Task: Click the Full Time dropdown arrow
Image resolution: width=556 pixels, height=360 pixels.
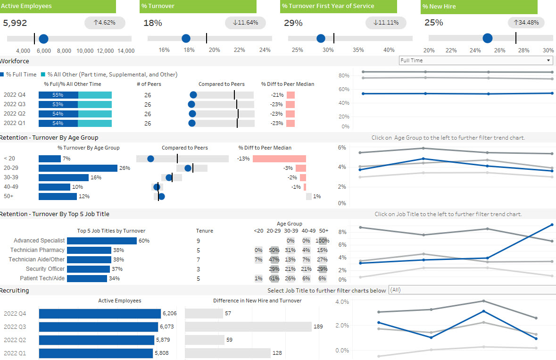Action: [548, 60]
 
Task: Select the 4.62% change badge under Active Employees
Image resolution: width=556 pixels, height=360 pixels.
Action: [105, 23]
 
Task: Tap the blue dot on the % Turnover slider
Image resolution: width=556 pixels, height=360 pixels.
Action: [186, 38]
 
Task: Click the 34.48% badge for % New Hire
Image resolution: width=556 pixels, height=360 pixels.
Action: [526, 23]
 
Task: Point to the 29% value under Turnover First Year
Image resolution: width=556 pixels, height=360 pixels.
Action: [293, 23]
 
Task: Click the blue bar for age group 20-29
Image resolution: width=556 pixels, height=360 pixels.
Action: [78, 168]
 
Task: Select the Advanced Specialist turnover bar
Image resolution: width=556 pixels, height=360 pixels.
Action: [102, 241]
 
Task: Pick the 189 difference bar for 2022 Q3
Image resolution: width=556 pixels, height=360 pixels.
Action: [248, 327]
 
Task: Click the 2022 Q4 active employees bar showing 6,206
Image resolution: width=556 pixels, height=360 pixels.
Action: [100, 314]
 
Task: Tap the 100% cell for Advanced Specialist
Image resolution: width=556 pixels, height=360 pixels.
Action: [322, 241]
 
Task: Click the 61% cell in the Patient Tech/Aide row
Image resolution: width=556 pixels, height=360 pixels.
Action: [274, 278]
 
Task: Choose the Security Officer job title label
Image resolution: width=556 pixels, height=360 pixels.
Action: [45, 269]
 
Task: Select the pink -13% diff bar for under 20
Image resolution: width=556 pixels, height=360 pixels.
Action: [280, 159]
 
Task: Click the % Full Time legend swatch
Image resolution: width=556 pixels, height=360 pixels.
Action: [2, 75]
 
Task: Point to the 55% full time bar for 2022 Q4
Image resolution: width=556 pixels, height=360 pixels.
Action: [58, 95]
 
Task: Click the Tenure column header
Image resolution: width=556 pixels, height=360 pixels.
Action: [205, 231]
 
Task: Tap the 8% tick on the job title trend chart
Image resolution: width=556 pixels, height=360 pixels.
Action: [342, 232]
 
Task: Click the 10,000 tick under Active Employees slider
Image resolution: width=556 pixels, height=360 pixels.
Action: [85, 50]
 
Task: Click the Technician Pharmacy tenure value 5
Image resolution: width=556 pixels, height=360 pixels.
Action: [198, 251]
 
